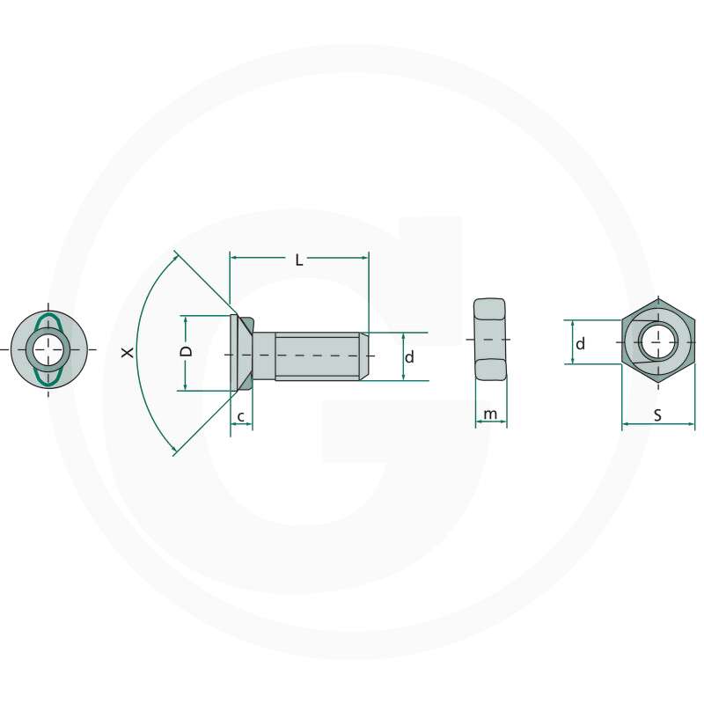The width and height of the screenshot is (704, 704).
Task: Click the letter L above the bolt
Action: (299, 260)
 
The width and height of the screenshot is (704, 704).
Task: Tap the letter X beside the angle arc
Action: (128, 352)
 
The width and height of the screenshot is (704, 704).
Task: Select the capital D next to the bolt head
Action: (186, 351)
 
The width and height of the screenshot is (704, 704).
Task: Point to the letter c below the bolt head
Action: (241, 414)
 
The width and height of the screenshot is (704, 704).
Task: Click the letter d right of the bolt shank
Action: (409, 357)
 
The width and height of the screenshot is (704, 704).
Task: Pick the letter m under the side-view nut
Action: (491, 414)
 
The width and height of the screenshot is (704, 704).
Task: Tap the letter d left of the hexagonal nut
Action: (580, 344)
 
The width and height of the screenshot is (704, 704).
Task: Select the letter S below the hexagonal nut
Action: (657, 415)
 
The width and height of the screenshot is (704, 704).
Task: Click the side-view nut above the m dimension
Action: (491, 339)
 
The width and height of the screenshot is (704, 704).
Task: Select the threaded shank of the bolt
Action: (317, 356)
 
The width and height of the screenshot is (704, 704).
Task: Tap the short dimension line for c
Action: (241, 425)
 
